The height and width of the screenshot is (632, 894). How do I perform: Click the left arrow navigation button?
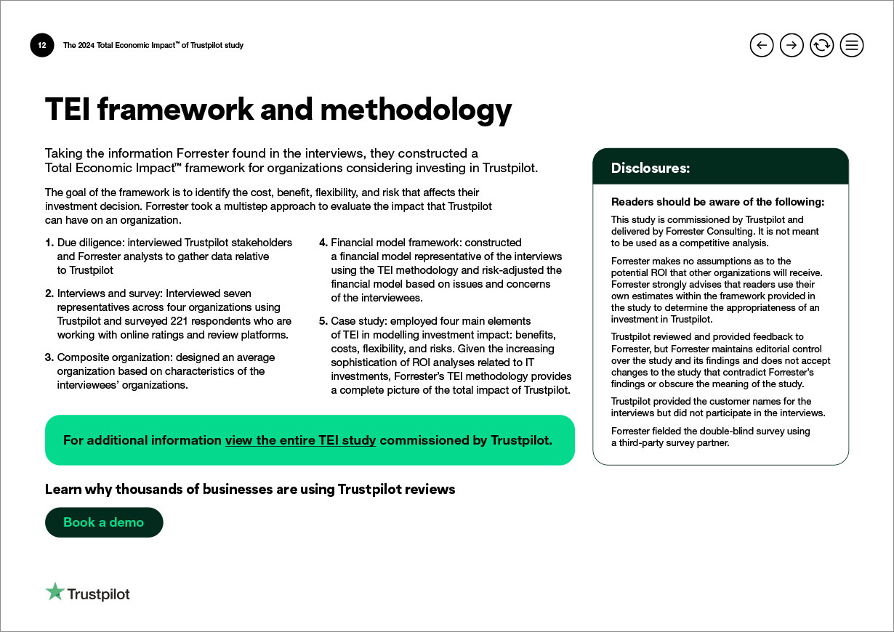click(x=761, y=46)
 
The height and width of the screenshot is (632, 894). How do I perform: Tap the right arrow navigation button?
click(x=792, y=46)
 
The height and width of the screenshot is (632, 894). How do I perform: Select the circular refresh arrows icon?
click(x=821, y=46)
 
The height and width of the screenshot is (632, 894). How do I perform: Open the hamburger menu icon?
click(x=852, y=46)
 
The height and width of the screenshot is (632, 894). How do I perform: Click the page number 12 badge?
click(x=42, y=46)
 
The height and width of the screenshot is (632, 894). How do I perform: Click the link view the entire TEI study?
click(x=300, y=440)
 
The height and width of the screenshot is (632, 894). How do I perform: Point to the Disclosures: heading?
click(x=650, y=169)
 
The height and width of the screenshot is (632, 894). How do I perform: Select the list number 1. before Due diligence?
click(x=49, y=243)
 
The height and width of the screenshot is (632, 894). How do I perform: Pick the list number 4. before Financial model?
click(x=323, y=243)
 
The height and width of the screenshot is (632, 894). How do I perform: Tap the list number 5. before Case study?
click(x=323, y=321)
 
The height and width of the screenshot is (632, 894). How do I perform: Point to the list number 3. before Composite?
click(x=49, y=357)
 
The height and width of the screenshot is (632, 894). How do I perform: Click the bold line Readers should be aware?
click(x=717, y=203)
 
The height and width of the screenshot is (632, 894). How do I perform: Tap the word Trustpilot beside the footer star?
click(x=98, y=594)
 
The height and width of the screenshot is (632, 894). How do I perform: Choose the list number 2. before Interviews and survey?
click(x=49, y=293)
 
